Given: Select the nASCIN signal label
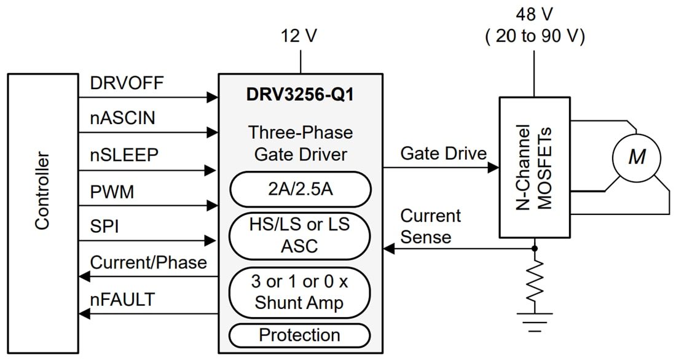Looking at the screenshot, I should coord(122,118).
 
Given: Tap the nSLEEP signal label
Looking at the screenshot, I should coord(124,155).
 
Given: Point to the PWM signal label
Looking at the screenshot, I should coord(112,192).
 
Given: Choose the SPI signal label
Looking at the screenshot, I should coord(104,227).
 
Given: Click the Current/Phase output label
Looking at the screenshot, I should coord(148,262).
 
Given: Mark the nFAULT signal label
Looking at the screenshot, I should coord(122,299).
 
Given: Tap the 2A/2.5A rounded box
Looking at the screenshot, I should coord(300,189).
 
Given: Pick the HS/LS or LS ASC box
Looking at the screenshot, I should coord(300,235).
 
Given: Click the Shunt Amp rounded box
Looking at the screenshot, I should coord(300,292).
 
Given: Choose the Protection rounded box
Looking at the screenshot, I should coord(300,335).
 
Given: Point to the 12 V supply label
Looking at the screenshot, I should coord(300,36).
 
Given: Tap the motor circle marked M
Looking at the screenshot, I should coord(636,157).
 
